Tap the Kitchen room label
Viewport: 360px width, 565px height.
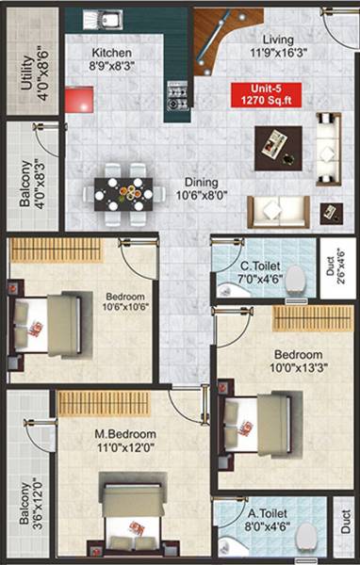point(111,60)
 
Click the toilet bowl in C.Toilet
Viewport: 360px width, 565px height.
point(296,279)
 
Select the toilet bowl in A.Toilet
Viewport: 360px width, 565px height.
point(303,538)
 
